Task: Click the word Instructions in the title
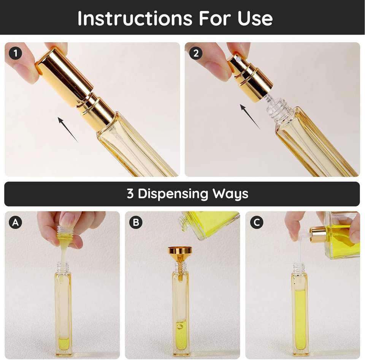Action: pos(135,18)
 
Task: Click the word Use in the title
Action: pos(255,18)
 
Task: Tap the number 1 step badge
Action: pos(15,53)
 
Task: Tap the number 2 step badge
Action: pos(196,53)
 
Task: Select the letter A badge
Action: pos(15,222)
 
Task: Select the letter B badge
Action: pos(136,222)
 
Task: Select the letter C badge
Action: pos(257,222)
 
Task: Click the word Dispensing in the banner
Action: pos(173,194)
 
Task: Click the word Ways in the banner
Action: pos(230,194)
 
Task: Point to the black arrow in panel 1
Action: pos(68,130)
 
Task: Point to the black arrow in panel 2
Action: pos(250,117)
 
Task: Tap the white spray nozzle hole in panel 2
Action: pos(238,60)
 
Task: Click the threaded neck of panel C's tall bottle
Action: pos(299,268)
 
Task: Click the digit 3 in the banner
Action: pos(130,194)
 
